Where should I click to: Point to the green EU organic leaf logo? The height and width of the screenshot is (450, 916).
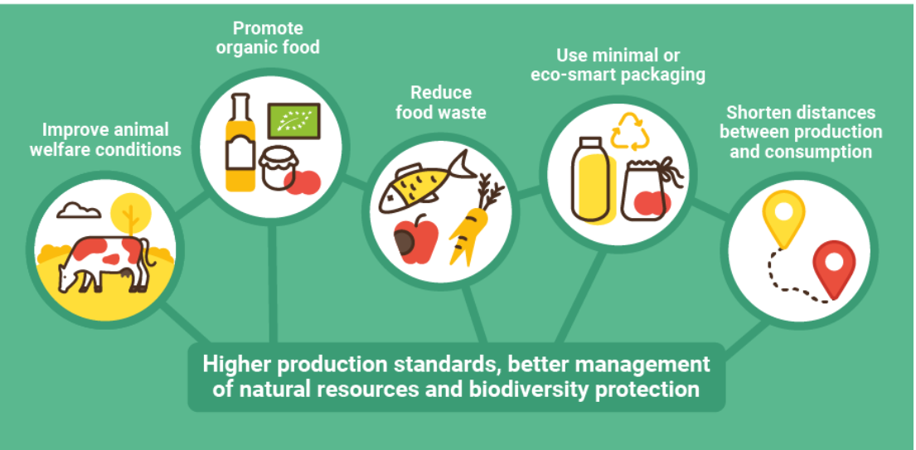pos(293,121)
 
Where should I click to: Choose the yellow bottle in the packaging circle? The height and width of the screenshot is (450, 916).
pos(593,181)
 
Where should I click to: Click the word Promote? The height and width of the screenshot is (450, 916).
pos(268,27)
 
